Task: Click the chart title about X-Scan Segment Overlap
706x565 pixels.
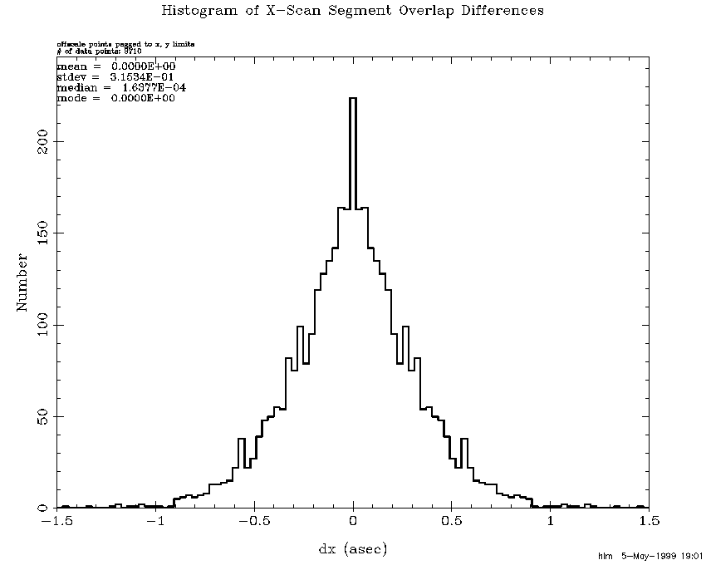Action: (353, 11)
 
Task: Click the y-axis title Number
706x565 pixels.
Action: (23, 282)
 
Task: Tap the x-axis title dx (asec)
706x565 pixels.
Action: (353, 548)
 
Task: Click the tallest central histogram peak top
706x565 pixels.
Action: (353, 98)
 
